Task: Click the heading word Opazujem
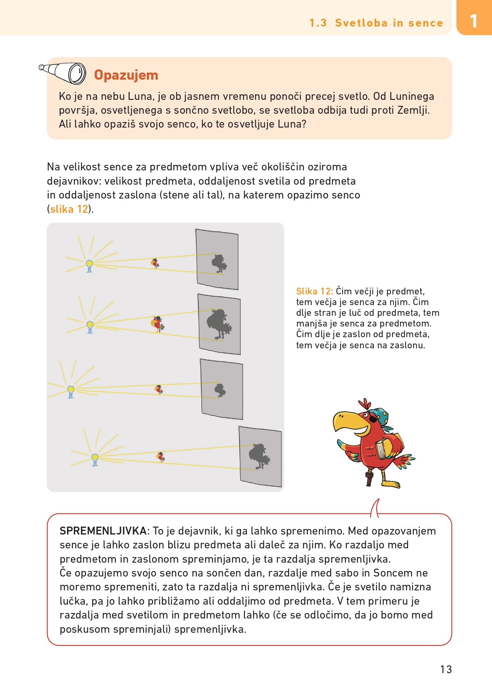[126, 75]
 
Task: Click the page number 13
[446, 669]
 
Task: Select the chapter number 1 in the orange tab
[473, 21]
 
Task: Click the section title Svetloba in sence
[389, 23]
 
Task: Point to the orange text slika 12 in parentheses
[69, 209]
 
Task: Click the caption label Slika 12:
[314, 291]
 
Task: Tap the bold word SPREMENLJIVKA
[103, 531]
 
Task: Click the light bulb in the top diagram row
[89, 265]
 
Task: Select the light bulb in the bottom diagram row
[95, 460]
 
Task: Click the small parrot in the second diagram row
[158, 324]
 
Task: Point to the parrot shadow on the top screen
[218, 263]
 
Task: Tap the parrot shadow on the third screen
[220, 390]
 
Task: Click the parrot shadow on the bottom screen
[259, 456]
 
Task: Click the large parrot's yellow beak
[346, 421]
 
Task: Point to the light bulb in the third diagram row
[71, 391]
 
